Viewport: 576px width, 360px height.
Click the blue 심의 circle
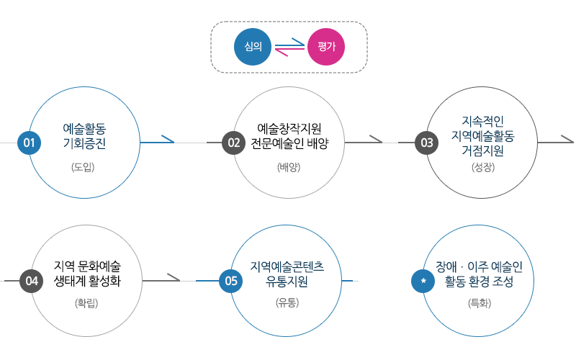point(253,48)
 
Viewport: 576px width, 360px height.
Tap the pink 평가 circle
point(326,48)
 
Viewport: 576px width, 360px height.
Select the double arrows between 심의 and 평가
point(289,48)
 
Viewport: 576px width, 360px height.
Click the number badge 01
point(30,143)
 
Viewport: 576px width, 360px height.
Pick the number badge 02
point(233,143)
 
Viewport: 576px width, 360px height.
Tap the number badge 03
point(427,143)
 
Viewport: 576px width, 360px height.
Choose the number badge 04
point(32,281)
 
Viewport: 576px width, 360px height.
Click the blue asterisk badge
point(423,281)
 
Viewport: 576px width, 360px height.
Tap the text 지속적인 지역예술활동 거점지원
point(482,135)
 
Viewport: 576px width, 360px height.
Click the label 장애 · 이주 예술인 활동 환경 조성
point(479,274)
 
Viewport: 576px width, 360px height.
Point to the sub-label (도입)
point(84,168)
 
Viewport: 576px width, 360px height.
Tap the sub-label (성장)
point(483,168)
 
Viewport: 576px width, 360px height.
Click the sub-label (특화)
point(480,304)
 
